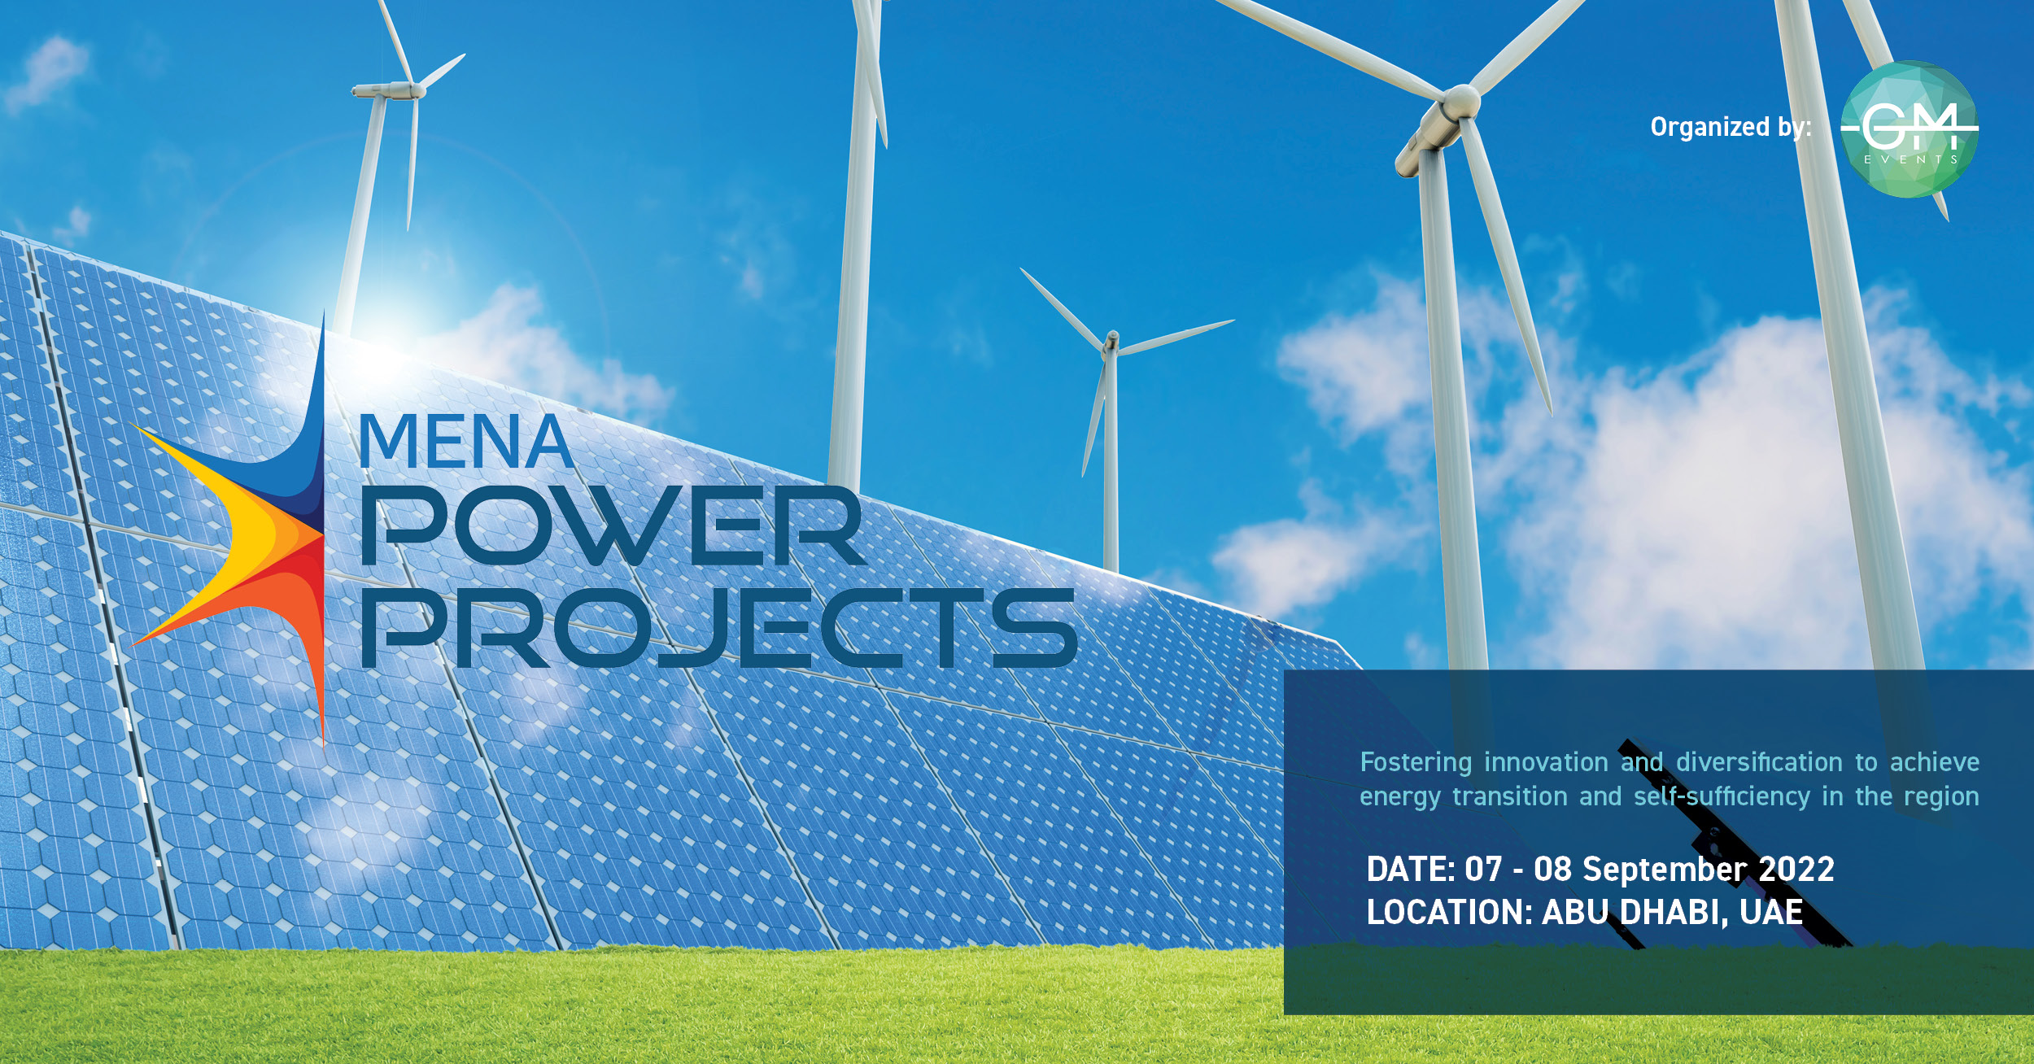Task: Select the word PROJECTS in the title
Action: [x=719, y=627]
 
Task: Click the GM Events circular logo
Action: [x=1909, y=129]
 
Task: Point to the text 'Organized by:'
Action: [x=1731, y=127]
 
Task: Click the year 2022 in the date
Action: [x=1796, y=870]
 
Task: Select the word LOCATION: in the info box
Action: [x=1449, y=912]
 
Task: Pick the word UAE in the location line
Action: [x=1771, y=912]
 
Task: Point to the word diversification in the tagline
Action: [x=1759, y=762]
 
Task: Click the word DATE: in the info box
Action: [x=1410, y=870]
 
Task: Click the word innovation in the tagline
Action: [x=1546, y=762]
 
